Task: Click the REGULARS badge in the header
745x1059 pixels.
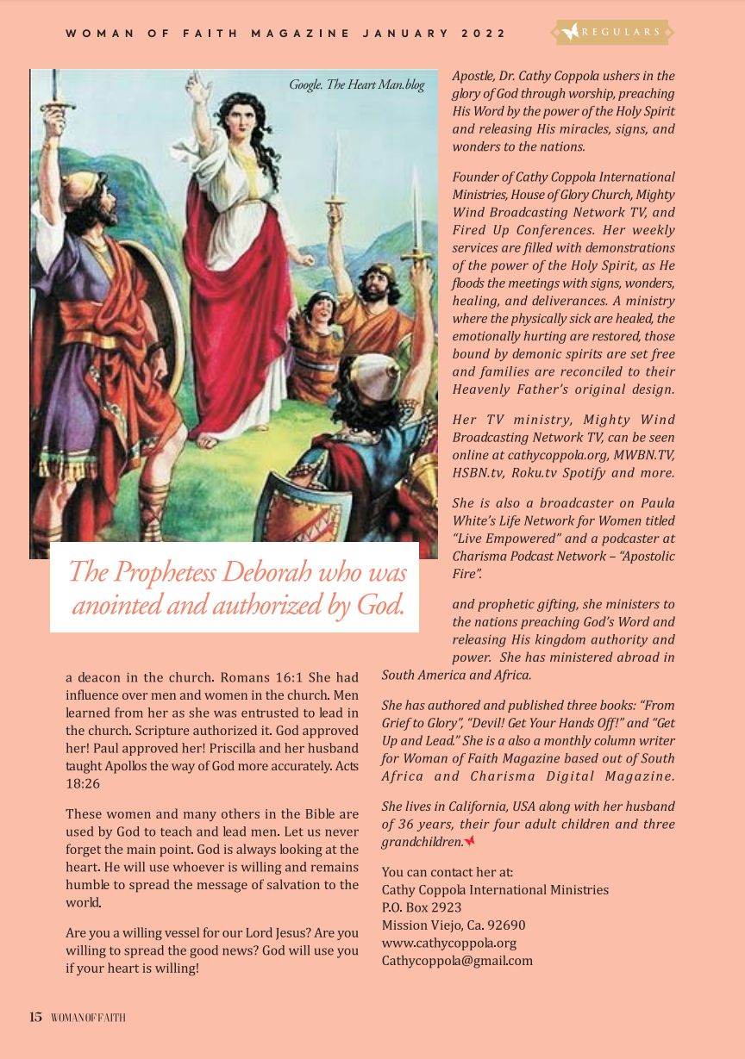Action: point(613,33)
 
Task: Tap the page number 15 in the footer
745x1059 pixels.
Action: point(35,1018)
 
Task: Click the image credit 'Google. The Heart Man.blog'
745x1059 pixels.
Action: point(357,84)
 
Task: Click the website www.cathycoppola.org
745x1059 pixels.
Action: point(449,943)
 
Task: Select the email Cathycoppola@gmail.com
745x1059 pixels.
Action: point(457,960)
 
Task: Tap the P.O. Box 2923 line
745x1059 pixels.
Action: point(422,907)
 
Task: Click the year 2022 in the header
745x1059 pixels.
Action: point(484,34)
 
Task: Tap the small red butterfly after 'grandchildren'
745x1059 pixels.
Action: point(470,841)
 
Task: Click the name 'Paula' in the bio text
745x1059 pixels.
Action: point(658,503)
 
